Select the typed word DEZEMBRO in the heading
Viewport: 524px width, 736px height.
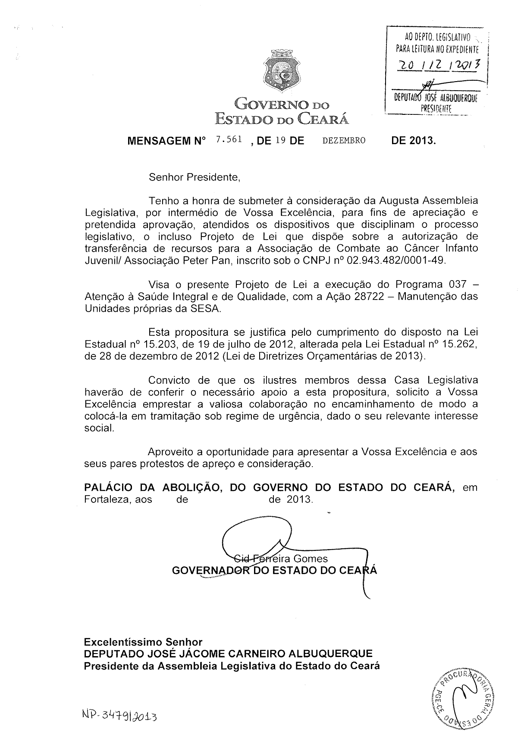344,140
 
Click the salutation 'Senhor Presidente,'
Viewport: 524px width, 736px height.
194,177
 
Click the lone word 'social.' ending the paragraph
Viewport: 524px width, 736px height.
99,428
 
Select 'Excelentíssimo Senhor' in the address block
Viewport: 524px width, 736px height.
143,642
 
